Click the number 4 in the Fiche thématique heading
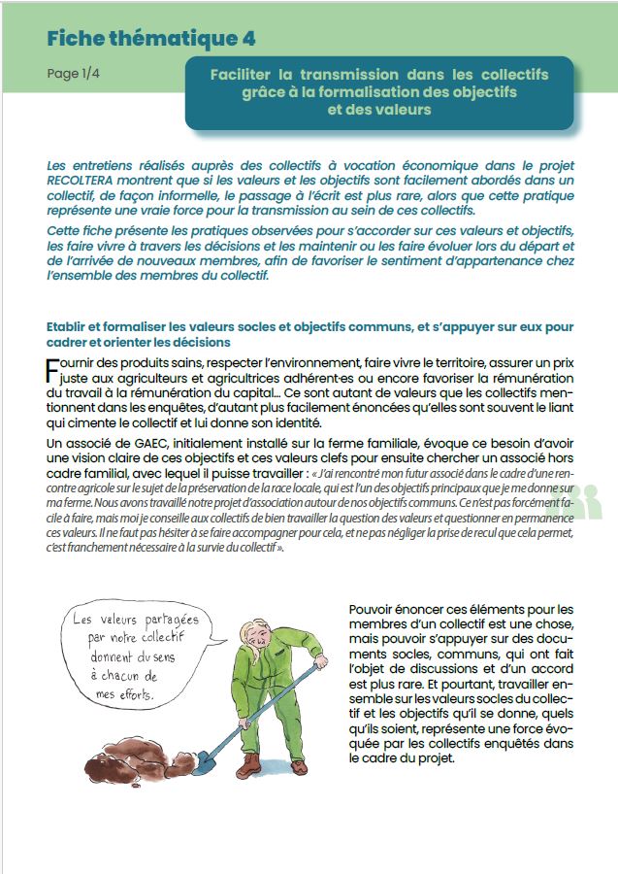tap(249, 38)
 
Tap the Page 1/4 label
tap(73, 74)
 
